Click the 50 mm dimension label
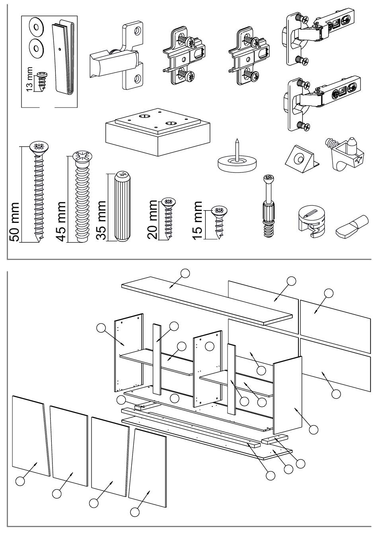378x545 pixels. (14, 222)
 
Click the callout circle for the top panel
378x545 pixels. (184, 273)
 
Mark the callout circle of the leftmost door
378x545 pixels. (20, 481)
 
